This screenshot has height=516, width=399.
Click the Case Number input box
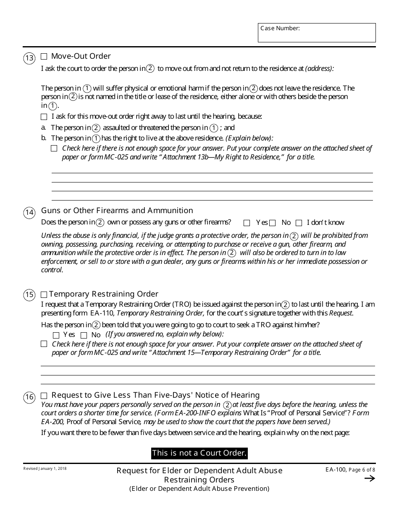tap(317, 33)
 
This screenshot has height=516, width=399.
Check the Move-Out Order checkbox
tap(44, 56)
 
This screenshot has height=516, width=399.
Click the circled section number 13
tap(29, 58)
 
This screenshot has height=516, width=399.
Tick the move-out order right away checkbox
tap(44, 117)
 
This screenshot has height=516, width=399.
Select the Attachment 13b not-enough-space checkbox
tap(54, 148)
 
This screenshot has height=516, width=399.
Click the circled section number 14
tap(29, 213)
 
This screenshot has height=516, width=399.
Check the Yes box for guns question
tap(247, 223)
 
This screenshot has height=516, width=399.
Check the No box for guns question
tap(273, 223)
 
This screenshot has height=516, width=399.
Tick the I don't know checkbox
tap(299, 223)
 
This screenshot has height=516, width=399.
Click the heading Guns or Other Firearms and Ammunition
tap(117, 211)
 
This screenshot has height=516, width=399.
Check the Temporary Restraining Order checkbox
tap(44, 294)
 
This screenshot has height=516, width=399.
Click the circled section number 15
tap(29, 295)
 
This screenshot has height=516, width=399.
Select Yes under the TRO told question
tap(56, 335)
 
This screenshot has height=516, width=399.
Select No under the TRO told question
tap(84, 335)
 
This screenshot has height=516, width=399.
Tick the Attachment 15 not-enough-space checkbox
tap(44, 344)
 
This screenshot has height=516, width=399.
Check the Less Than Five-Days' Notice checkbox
tap(44, 396)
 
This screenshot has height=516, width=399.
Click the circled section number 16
tap(29, 397)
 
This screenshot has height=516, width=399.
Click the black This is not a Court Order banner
tap(199, 453)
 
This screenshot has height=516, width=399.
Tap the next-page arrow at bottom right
tap(370, 479)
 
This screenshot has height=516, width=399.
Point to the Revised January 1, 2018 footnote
tap(45, 469)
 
